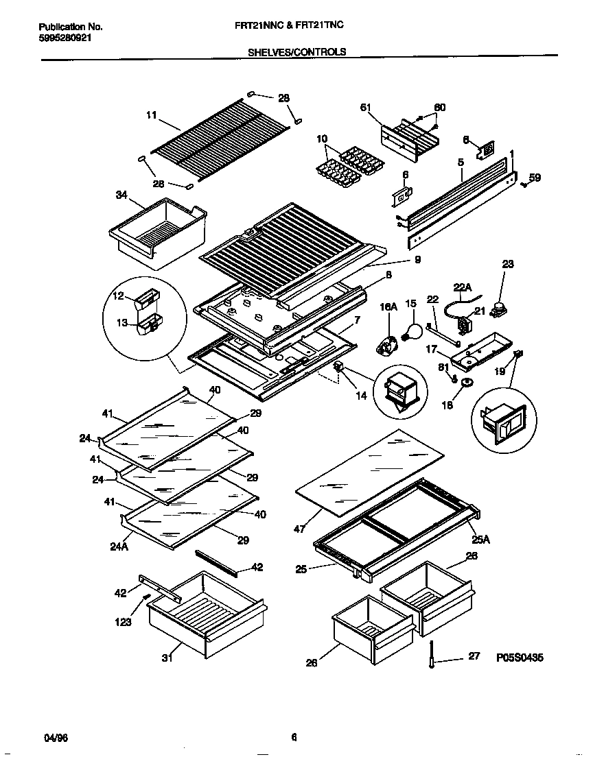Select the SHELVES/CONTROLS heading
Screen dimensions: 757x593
tap(296, 51)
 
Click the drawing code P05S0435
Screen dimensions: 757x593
tap(520, 658)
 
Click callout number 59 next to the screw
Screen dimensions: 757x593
tap(534, 178)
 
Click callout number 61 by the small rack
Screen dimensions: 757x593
tap(365, 107)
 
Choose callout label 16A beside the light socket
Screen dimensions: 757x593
tap(389, 309)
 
